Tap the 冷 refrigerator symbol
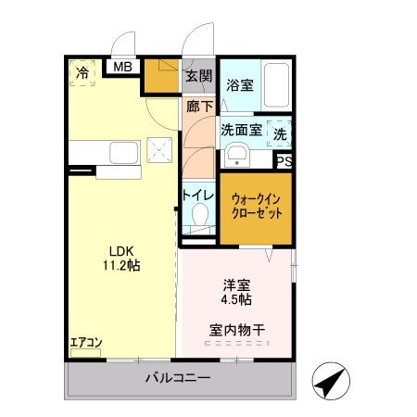[83, 72]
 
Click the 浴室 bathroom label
[240, 85]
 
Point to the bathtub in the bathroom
[276, 86]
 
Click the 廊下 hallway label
[198, 107]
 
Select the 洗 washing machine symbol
[279, 133]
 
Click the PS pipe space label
[284, 161]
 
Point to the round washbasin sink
[237, 154]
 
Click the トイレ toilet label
[197, 196]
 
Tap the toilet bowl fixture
[197, 220]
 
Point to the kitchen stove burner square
[160, 150]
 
